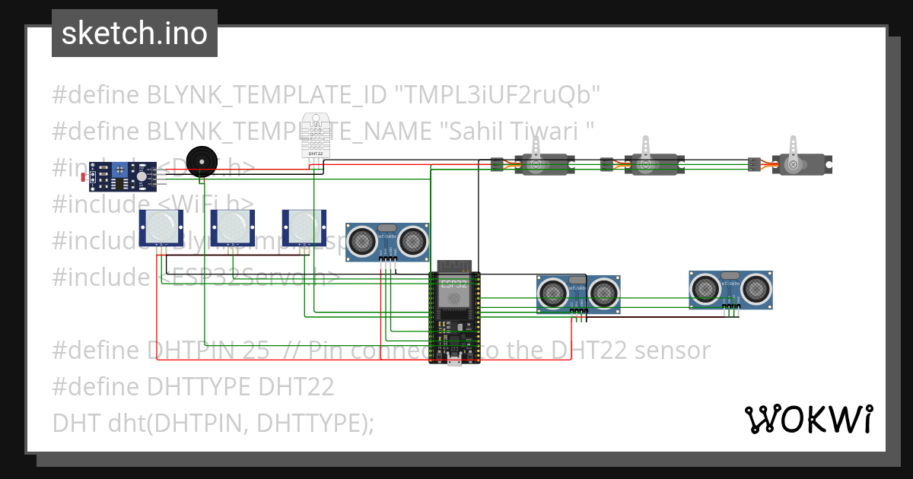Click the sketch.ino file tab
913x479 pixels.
(x=134, y=33)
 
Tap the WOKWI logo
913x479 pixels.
(x=808, y=419)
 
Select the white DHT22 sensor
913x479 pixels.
(x=315, y=134)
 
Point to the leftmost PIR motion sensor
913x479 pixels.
(x=161, y=227)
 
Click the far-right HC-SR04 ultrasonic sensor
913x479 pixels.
(x=730, y=289)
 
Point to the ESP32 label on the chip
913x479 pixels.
(x=454, y=284)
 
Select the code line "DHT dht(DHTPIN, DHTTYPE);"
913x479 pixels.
(x=213, y=423)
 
